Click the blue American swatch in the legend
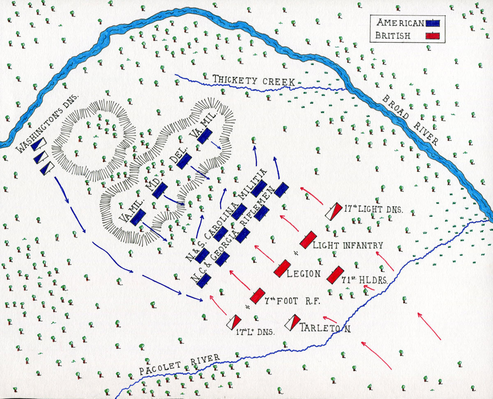(x=433, y=23)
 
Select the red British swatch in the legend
(x=433, y=36)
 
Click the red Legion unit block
(x=283, y=268)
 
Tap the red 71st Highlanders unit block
(x=335, y=275)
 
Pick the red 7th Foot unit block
(x=257, y=296)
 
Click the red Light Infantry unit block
(x=308, y=240)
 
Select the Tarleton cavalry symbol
(x=292, y=322)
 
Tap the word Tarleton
(x=325, y=328)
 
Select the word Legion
(x=304, y=273)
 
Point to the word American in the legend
(x=400, y=23)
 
